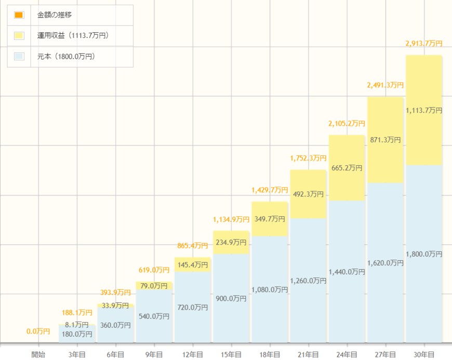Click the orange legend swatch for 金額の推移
point(19,15)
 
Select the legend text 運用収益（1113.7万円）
point(73,35)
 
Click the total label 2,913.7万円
point(424,44)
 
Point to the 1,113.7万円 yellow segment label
point(424,111)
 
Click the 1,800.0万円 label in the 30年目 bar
point(424,254)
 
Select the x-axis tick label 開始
point(38,354)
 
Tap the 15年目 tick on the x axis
point(231,354)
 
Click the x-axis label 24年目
point(347,354)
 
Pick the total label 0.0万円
point(38,331)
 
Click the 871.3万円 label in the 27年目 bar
point(385,140)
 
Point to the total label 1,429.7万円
point(270,190)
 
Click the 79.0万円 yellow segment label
point(154,286)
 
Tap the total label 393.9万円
point(115,292)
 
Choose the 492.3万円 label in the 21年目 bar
point(308,194)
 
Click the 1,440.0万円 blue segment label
point(347,272)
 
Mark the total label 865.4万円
point(192,245)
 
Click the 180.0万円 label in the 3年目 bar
point(77,334)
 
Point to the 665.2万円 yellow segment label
point(347,168)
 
